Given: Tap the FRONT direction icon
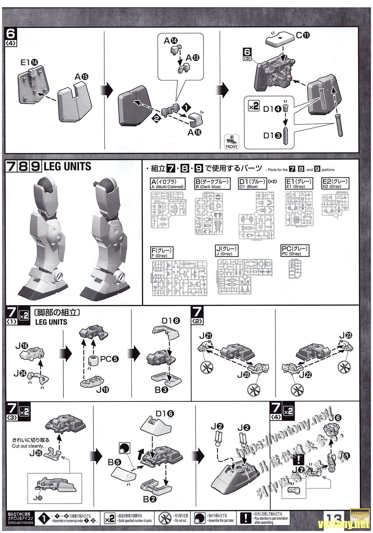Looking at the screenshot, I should pos(232,142).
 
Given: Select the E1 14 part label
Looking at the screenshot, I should pos(29,62).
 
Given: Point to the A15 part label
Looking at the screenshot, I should pos(82,77).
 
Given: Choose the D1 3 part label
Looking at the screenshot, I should pos(272,136).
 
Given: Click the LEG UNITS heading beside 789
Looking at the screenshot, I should pos(67,167).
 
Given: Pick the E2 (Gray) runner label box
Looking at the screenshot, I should pos(336,183).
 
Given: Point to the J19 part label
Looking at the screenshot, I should pos(102,389).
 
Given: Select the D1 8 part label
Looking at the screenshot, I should pos(171,321).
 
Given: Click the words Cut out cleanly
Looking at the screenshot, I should pos(28,446).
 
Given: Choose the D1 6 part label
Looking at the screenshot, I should pos(165,413).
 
